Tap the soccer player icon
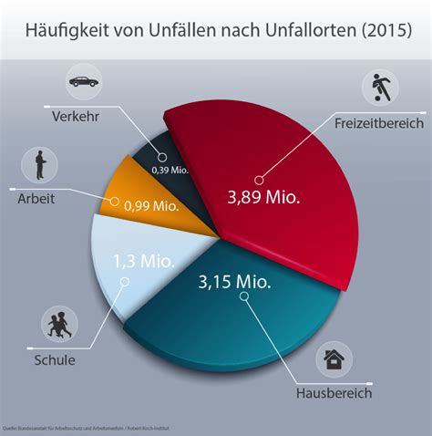378,88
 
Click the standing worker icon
39,164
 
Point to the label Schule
55,359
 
